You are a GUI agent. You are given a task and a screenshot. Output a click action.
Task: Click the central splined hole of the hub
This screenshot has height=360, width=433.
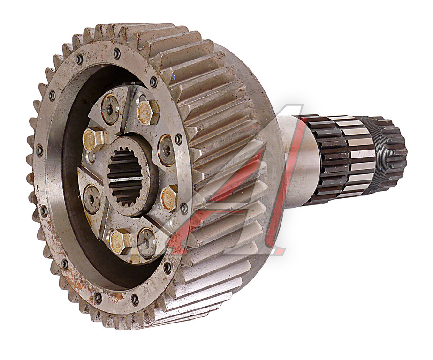click(128, 176)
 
